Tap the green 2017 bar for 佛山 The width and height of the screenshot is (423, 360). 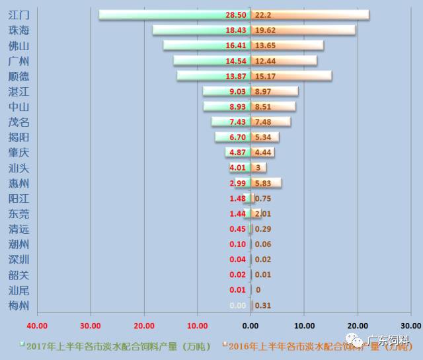tap(192, 45)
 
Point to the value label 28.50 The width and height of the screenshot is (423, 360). tap(236, 15)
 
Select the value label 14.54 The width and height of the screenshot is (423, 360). tap(236, 61)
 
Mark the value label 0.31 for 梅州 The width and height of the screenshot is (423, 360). tap(262, 305)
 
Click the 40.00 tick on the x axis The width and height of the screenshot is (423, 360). tap(37, 326)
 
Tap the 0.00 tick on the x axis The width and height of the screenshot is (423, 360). tap(250, 326)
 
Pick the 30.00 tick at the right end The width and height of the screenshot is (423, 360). tap(410, 326)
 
